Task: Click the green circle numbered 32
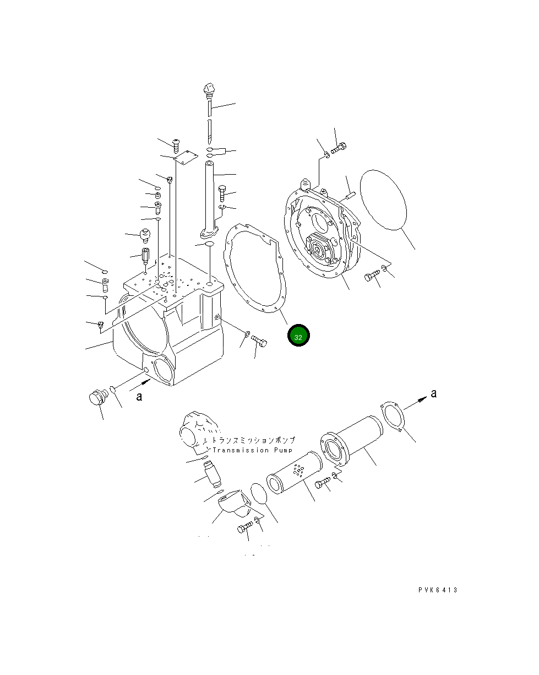point(298,336)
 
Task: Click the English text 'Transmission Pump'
point(248,450)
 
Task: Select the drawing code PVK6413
point(437,590)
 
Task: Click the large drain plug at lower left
point(97,397)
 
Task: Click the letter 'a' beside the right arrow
point(433,393)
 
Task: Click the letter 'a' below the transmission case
point(139,396)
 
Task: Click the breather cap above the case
point(146,235)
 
